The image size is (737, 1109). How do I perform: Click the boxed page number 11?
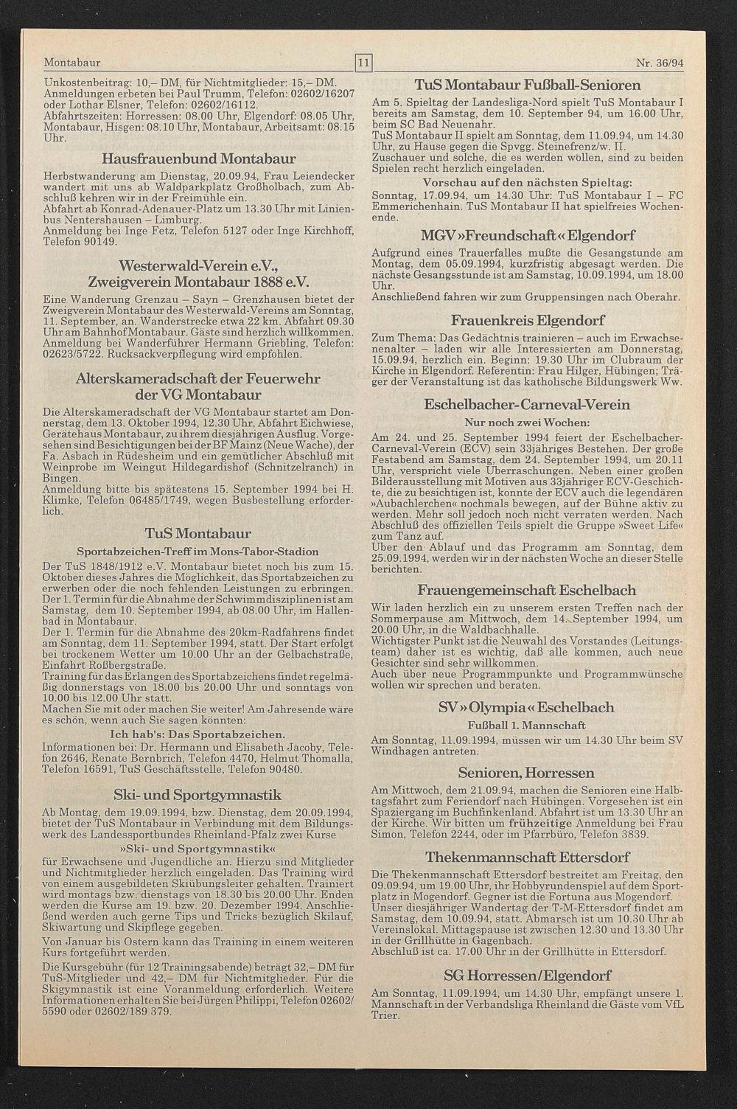coord(362,63)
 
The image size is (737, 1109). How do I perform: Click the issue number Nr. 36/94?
coord(659,63)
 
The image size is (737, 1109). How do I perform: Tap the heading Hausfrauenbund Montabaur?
coord(199,159)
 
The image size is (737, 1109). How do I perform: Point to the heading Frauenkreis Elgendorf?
coord(527,321)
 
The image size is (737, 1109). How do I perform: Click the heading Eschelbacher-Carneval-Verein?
coord(527,405)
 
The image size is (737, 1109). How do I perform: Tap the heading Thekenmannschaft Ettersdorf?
coord(527,857)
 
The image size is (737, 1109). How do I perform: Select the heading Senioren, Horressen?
coord(527,773)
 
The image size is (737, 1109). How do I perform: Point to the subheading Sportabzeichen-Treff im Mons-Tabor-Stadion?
coord(198,552)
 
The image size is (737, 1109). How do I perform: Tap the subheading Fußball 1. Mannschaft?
coord(527,725)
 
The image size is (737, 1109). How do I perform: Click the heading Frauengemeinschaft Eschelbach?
coord(527,591)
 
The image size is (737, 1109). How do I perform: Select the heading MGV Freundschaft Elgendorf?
coord(527,237)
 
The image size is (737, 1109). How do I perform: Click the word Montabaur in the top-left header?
coord(72,63)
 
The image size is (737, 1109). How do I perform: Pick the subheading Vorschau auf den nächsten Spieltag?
coord(527,182)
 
